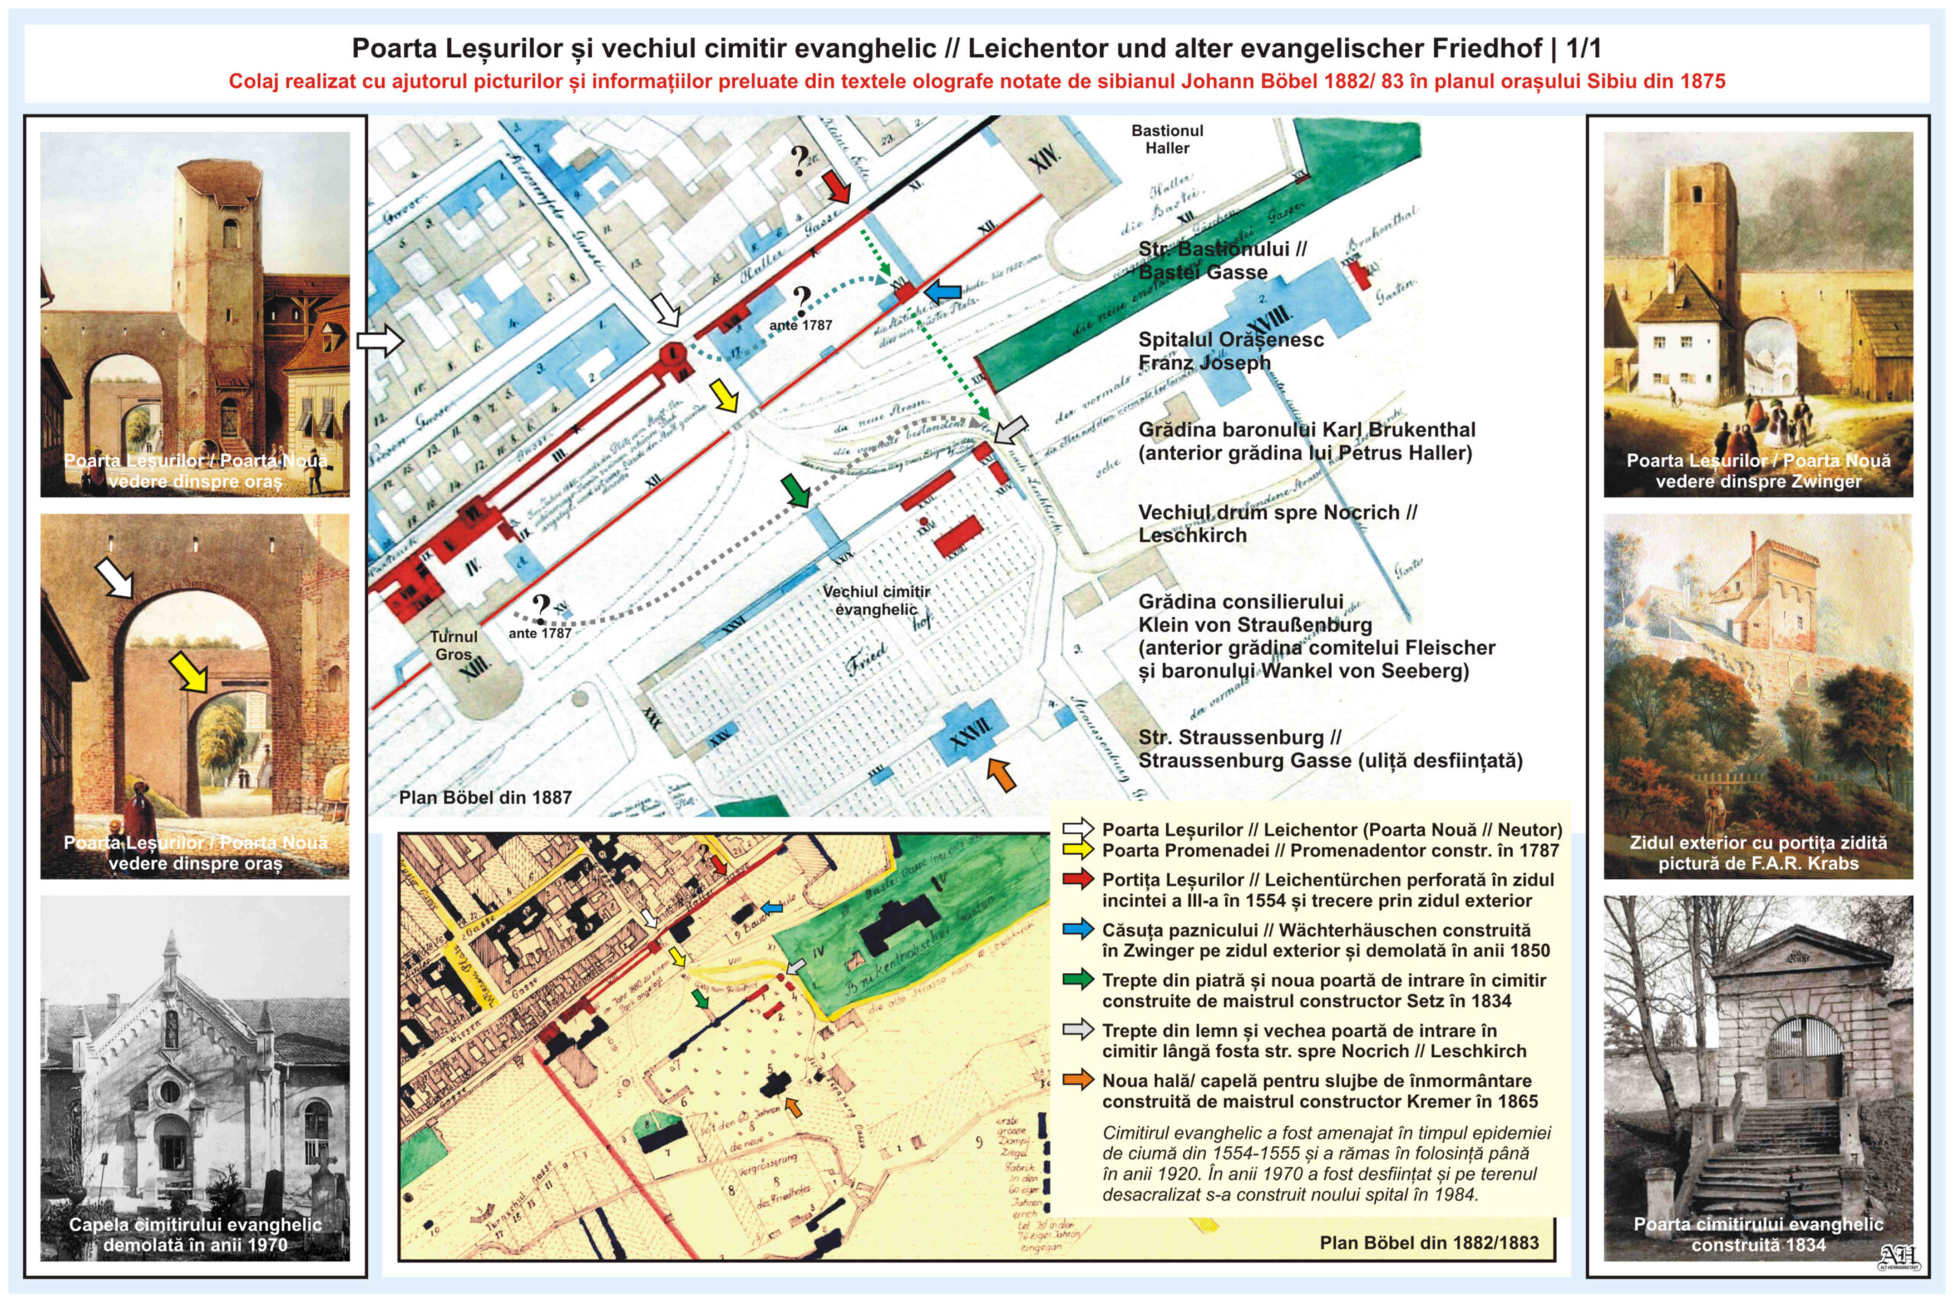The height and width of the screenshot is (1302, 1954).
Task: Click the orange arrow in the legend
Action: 1078,1081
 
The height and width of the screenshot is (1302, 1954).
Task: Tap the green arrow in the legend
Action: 1078,980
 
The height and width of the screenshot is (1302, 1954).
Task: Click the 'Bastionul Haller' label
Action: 1167,140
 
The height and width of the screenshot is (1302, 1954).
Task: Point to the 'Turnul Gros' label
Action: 453,645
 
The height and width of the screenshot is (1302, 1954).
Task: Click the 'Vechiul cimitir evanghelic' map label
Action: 876,600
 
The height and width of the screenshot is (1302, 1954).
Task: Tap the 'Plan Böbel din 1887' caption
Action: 485,797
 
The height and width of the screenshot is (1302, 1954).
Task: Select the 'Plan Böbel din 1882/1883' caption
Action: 1428,1242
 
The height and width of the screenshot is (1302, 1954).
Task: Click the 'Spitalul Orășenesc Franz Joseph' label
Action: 1230,350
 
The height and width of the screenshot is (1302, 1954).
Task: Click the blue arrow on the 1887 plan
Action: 943,292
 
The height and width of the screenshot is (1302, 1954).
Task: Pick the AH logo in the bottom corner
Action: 1898,1257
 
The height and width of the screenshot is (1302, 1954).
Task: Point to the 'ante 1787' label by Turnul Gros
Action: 540,633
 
